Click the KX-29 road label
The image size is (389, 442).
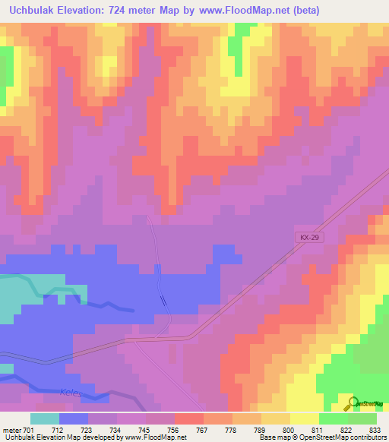[306, 238]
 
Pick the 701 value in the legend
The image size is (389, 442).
[30, 429]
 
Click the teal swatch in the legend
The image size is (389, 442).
[44, 418]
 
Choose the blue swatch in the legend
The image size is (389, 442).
[73, 418]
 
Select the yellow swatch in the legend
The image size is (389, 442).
[303, 418]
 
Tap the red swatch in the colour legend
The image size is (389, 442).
[188, 418]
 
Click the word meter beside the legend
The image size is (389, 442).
[11, 429]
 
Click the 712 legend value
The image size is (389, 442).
[58, 429]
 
